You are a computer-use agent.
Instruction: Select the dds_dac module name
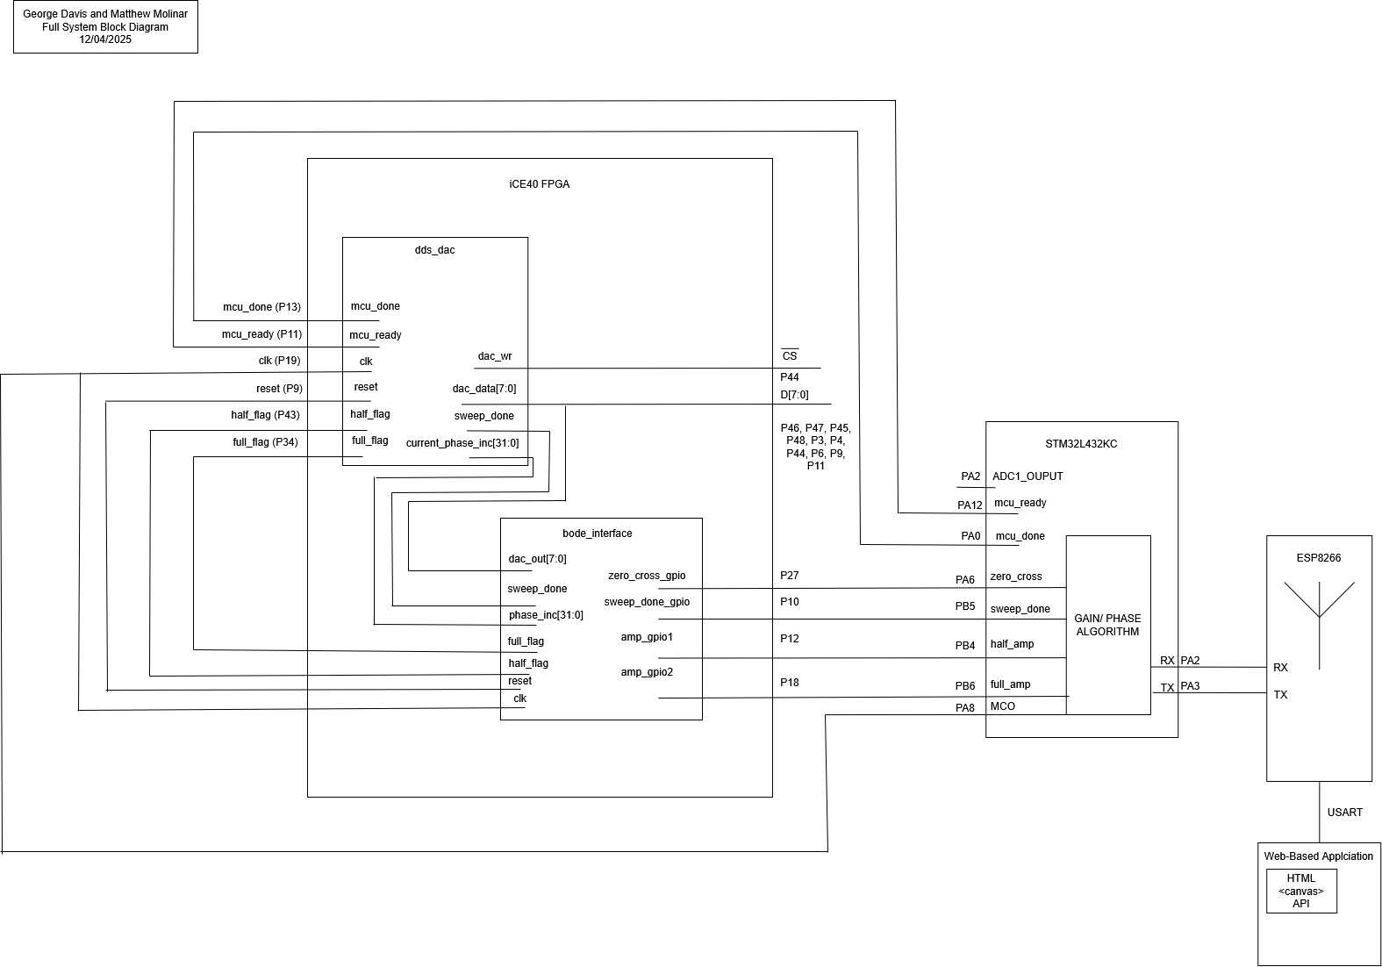coord(434,250)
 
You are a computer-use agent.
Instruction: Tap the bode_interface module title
coord(597,534)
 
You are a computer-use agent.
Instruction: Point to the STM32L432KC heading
coord(1082,444)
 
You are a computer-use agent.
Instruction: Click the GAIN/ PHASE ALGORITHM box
coord(1107,625)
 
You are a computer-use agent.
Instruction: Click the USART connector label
coord(1344,813)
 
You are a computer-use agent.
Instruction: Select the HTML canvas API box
coord(1301,891)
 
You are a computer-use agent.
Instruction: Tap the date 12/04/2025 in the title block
coord(105,39)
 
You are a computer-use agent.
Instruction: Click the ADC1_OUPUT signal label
coord(1028,476)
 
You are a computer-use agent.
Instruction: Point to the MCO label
coord(1003,706)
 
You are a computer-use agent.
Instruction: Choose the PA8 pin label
coord(965,708)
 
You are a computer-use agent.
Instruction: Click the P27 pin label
coord(790,576)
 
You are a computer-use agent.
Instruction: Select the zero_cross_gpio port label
coord(647,576)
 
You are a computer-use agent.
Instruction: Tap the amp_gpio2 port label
coord(647,672)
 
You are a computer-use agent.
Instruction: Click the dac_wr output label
coord(495,356)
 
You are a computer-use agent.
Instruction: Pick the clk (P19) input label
coord(274,361)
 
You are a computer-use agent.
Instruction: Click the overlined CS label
coord(790,355)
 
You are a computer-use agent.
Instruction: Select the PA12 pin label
coord(970,505)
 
